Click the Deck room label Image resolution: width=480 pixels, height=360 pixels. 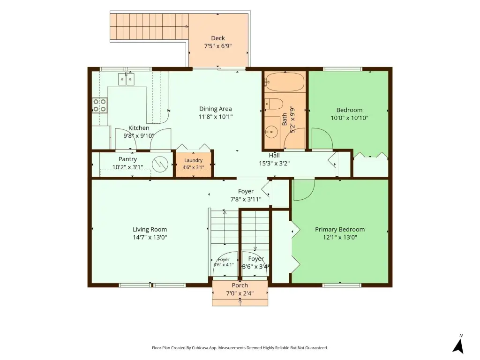click(218, 38)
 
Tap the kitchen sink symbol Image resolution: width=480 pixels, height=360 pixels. click(126, 79)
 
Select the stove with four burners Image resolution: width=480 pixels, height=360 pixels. click(100, 105)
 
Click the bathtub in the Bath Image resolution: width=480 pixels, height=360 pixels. click(285, 82)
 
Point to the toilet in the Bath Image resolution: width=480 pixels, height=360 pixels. click(273, 104)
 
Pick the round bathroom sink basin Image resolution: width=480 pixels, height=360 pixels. click(270, 132)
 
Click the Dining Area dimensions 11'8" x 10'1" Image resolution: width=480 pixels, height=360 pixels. click(216, 117)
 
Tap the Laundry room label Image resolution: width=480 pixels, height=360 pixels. click(193, 160)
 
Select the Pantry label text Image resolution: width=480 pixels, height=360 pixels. click(127, 159)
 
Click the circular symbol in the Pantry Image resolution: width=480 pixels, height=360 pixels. click(160, 164)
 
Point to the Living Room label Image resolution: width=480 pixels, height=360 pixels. click(150, 229)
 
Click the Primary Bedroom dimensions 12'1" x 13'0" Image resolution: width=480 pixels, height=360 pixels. click(340, 237)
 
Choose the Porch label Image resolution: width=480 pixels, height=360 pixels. click(240, 285)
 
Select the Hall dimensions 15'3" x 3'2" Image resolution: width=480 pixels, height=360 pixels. click(274, 164)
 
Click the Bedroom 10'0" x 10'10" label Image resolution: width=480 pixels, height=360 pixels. click(349, 114)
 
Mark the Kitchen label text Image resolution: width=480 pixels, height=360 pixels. click(139, 128)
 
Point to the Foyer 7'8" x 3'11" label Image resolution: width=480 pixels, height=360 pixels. click(246, 195)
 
